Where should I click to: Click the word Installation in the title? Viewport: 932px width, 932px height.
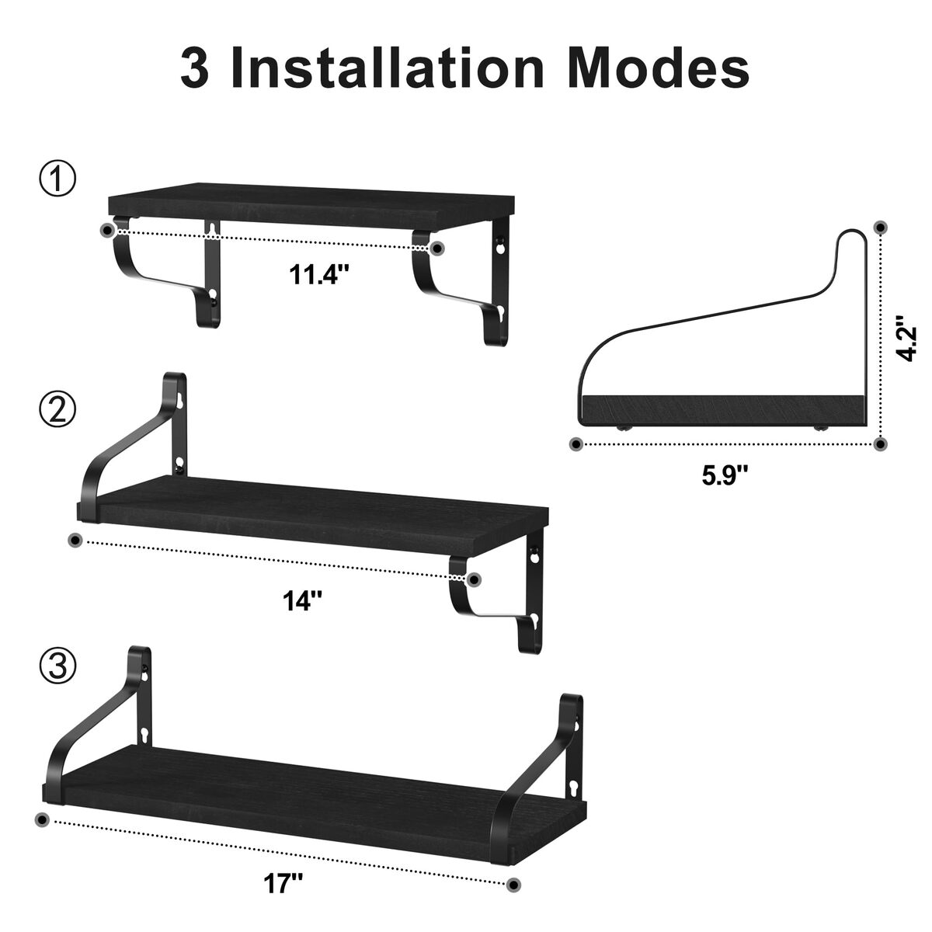(x=388, y=68)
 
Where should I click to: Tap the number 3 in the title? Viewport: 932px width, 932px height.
(x=195, y=68)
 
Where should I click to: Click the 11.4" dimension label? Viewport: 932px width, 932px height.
(x=318, y=275)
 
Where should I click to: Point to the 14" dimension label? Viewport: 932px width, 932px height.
(x=302, y=600)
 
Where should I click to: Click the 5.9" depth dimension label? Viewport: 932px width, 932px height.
(x=725, y=475)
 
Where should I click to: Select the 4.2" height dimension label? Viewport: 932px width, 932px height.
(x=906, y=339)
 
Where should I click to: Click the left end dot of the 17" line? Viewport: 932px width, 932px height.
(x=43, y=819)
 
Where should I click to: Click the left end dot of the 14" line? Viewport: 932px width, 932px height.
(x=75, y=540)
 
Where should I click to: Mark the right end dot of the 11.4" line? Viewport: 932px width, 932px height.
(x=438, y=249)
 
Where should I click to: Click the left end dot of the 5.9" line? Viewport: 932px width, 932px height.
(x=576, y=444)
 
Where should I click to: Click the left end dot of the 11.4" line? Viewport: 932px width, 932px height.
(x=107, y=231)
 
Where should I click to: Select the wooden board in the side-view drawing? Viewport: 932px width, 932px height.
(x=724, y=409)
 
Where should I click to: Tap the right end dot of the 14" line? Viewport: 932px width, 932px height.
(x=475, y=579)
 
